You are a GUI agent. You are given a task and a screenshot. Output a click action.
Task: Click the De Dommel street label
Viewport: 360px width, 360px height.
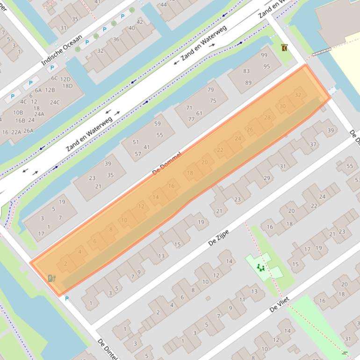(166, 163)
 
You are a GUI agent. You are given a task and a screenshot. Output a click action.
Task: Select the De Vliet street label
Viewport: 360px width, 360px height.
(280, 304)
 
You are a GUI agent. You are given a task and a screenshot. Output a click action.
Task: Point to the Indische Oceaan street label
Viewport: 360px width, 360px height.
(62, 50)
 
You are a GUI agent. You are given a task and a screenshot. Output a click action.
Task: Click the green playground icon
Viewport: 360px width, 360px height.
(260, 268)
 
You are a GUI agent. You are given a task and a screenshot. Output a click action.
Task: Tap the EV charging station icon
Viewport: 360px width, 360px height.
(51, 278)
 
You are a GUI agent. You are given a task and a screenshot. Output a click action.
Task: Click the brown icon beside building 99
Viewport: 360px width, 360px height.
(284, 48)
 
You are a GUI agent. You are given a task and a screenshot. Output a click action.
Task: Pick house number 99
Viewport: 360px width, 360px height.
(264, 55)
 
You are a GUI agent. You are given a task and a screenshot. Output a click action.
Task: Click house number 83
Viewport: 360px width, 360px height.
(246, 71)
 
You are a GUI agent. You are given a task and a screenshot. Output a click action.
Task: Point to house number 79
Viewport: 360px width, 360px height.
(210, 90)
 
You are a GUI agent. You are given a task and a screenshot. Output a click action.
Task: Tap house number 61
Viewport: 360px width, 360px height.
(199, 113)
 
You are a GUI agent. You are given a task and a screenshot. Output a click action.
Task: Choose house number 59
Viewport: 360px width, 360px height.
(158, 124)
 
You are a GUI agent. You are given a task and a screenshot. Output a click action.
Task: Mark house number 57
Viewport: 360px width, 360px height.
(138, 154)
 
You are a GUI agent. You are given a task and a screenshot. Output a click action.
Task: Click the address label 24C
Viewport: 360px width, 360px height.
(55, 102)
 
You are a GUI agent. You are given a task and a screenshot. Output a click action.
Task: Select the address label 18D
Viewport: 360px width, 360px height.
(67, 86)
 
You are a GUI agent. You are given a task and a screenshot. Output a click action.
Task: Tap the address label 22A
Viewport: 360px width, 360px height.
(16, 132)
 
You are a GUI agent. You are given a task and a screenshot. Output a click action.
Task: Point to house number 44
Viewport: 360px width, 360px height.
(164, 5)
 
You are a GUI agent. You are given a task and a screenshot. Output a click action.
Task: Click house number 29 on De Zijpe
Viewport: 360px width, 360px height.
(266, 178)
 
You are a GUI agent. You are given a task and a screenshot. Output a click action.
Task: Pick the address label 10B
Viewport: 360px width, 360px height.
(18, 113)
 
